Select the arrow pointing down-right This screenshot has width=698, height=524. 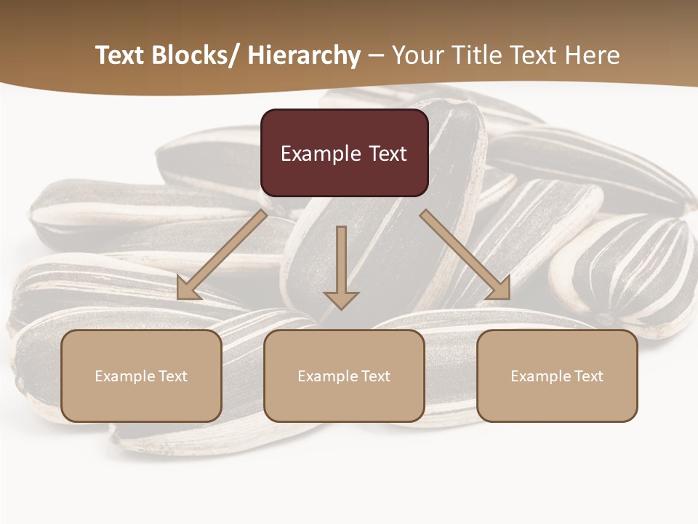point(466,255)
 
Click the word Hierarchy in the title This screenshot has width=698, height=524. point(304,55)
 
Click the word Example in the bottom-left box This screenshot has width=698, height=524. point(125,376)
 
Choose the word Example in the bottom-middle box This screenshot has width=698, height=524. point(328,376)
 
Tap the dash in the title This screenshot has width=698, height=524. point(376,56)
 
